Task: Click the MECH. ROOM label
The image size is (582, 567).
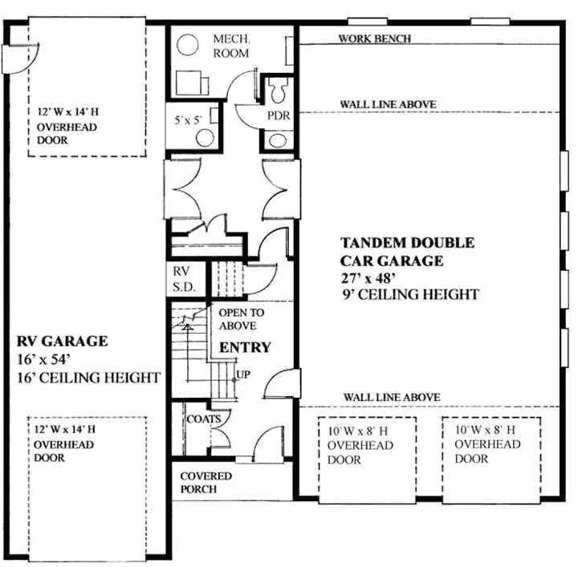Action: tap(230, 46)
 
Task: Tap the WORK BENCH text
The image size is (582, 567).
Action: tap(375, 38)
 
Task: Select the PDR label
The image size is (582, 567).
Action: tap(278, 115)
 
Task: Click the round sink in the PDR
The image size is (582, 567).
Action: tap(279, 140)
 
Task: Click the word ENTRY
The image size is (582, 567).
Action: tap(246, 348)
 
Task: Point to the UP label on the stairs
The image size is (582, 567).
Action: tap(242, 375)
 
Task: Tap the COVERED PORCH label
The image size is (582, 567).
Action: tap(205, 482)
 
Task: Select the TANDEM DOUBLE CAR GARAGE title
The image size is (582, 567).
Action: tap(406, 251)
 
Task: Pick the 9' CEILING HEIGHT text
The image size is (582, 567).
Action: tap(409, 294)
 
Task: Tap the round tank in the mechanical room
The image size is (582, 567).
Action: tap(188, 44)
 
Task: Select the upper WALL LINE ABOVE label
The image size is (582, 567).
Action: tap(388, 104)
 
